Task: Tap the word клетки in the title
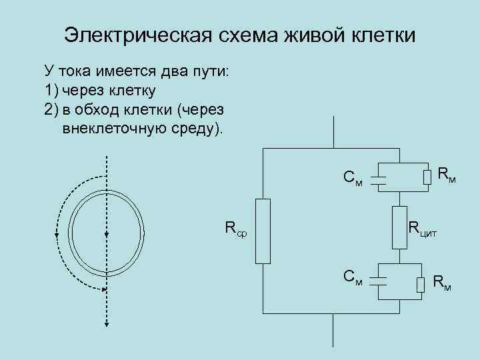[381, 35]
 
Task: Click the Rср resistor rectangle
[262, 231]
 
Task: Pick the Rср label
[234, 230]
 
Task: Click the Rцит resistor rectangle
[399, 227]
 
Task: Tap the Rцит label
[423, 230]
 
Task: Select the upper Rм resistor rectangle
[427, 177]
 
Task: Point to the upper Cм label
[353, 179]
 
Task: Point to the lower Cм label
[353, 277]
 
